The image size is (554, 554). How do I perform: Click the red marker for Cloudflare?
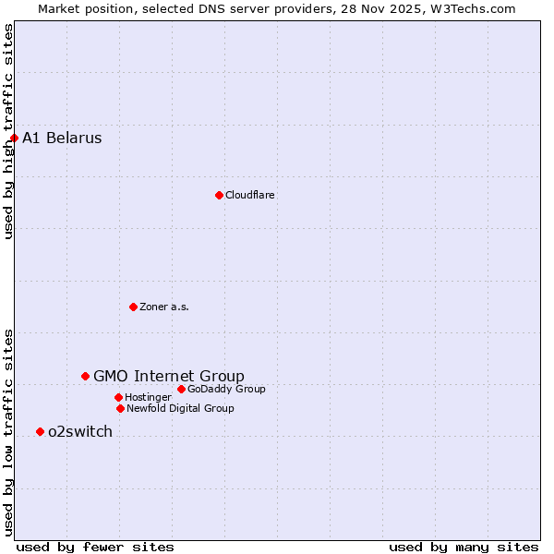(219, 195)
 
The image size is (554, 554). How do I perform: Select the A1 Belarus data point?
(14, 138)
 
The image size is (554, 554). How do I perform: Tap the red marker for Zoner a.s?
(133, 307)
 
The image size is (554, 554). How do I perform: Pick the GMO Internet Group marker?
(85, 376)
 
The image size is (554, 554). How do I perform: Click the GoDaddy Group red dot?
(181, 389)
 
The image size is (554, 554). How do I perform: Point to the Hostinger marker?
(118, 397)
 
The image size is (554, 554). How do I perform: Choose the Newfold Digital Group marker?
(120, 408)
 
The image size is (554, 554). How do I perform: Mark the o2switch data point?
(40, 431)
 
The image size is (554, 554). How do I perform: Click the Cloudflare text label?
(250, 195)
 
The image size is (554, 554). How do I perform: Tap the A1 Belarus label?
(62, 138)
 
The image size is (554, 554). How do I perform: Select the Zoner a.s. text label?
(164, 307)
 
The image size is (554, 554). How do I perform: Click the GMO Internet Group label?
(169, 376)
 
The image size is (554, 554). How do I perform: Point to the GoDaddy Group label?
(226, 389)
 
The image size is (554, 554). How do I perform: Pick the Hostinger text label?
(148, 397)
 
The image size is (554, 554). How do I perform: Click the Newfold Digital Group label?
(180, 408)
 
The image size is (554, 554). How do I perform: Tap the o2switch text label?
(80, 431)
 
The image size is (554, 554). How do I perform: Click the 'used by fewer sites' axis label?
(95, 547)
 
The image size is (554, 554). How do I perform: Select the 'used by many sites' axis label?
(464, 547)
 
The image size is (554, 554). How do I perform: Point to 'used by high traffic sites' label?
(8, 131)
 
